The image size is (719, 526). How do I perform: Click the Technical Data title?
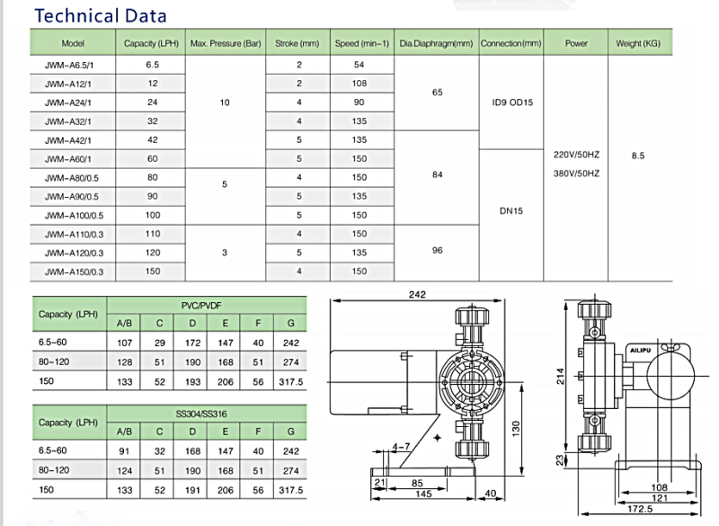click(x=101, y=15)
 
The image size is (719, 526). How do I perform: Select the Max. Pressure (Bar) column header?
click(x=226, y=43)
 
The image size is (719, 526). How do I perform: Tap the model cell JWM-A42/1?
click(x=68, y=140)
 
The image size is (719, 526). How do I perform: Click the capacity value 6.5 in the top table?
click(x=152, y=65)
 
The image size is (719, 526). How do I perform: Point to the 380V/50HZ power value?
click(x=576, y=174)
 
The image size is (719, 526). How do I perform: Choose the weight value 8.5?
click(x=638, y=156)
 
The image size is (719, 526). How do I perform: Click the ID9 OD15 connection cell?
click(x=512, y=103)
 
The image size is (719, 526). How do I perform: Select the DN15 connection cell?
click(x=511, y=211)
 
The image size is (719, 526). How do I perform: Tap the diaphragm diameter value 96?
click(x=437, y=250)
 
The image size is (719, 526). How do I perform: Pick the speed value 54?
click(x=359, y=65)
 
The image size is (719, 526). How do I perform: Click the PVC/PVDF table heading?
click(x=201, y=306)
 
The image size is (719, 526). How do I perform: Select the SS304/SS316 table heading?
click(x=201, y=415)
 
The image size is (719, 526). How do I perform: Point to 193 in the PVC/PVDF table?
click(x=192, y=381)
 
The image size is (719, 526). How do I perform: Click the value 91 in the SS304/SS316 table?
click(x=124, y=451)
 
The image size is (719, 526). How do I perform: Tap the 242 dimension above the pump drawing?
click(x=417, y=294)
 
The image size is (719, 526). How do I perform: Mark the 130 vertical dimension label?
click(x=516, y=428)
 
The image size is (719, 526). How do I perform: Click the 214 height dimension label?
click(x=560, y=376)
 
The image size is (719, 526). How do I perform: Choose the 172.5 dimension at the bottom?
click(x=640, y=509)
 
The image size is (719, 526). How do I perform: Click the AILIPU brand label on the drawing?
click(x=640, y=351)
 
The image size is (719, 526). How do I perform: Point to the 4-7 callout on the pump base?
click(x=401, y=446)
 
